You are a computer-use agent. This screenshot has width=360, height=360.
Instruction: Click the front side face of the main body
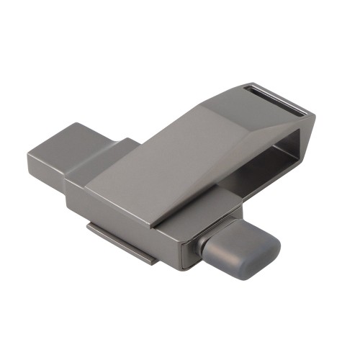coord(122,216)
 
